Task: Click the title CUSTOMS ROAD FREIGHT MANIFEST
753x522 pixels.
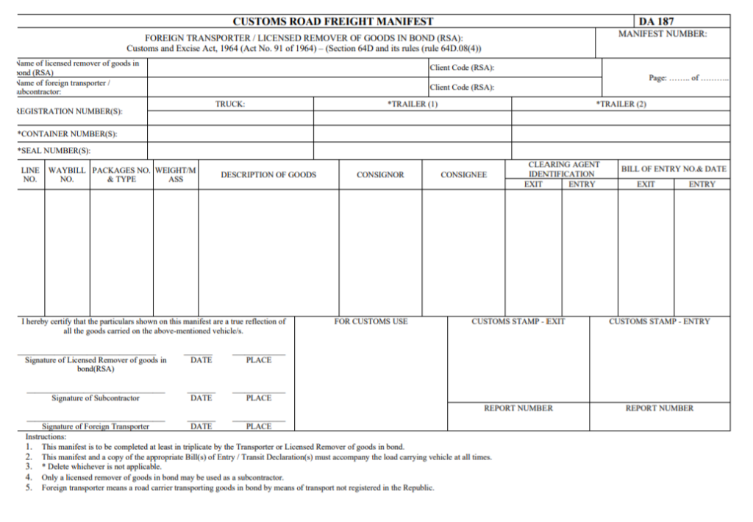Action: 333,21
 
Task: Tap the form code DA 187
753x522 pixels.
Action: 656,21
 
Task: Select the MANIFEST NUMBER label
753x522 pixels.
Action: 662,34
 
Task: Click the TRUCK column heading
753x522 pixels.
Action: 230,105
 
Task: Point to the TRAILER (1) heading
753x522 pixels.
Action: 413,105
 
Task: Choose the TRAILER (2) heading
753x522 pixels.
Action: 621,105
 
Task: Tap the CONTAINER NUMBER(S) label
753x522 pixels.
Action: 67,134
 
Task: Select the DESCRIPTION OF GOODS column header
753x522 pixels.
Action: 268,174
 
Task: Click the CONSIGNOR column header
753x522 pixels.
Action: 380,174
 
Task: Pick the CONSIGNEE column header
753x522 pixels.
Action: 463,174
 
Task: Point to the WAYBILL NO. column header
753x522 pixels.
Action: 67,174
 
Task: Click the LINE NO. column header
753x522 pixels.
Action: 30,174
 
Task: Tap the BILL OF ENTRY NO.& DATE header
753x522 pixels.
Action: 674,169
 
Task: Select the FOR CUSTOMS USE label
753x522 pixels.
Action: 371,322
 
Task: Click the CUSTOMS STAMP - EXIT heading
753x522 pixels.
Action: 518,322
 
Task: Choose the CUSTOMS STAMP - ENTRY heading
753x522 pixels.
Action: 660,322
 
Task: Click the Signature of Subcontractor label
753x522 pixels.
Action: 96,398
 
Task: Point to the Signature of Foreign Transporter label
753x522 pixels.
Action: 96,426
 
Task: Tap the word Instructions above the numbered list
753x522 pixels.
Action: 46,437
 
